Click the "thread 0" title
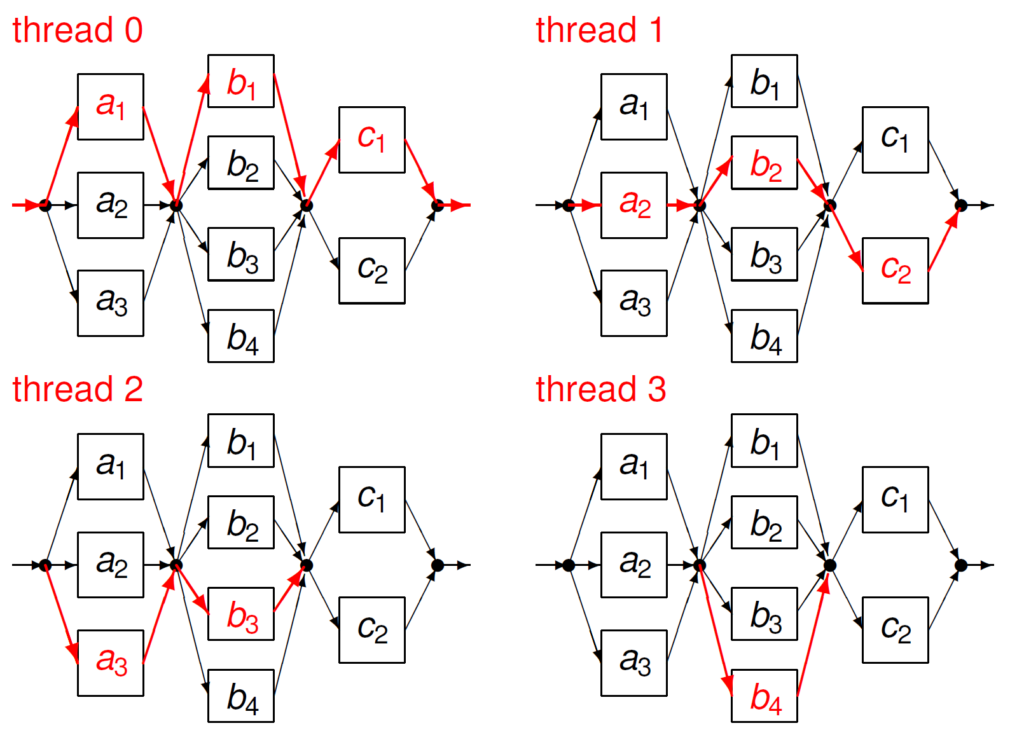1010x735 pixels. (78, 30)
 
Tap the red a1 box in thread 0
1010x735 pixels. (111, 106)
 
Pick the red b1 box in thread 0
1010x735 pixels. (241, 81)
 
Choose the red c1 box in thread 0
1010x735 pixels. (372, 139)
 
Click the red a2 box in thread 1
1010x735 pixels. (634, 205)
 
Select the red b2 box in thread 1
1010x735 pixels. (764, 162)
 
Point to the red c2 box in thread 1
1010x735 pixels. (896, 270)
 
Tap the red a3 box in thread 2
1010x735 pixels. (111, 663)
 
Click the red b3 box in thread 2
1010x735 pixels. (241, 614)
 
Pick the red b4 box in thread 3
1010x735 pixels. (764, 696)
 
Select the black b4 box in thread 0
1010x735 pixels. (241, 336)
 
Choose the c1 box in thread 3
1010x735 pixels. (896, 499)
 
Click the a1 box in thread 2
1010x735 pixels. (111, 466)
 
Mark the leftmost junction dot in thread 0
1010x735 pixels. (45, 205)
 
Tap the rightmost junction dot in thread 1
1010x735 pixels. (961, 205)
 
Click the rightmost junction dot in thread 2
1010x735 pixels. (438, 565)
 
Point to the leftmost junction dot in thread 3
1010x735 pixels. (569, 565)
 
